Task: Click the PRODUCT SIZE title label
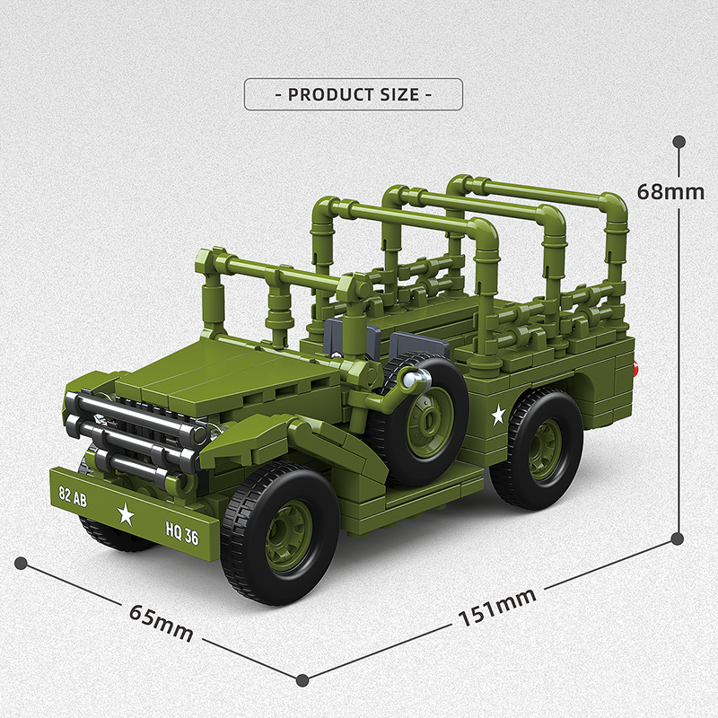point(353,94)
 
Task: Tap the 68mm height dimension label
point(670,191)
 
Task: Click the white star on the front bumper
point(126,514)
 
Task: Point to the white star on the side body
point(497,415)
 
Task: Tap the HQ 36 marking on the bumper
point(182,535)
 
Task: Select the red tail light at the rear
point(637,367)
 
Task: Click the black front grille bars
point(135,431)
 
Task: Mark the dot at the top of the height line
point(679,141)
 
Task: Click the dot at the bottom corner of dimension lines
point(302,679)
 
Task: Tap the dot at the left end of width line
point(20,563)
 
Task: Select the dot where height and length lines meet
point(679,539)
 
